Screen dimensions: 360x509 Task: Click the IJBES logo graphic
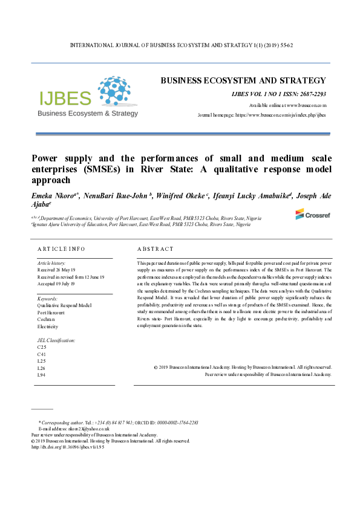coord(88,97)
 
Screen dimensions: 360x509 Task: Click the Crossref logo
coord(312,214)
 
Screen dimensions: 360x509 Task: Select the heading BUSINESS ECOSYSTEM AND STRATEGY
coord(243,80)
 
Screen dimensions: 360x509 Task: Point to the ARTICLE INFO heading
coord(61,249)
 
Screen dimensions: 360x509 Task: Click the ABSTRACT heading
coord(155,249)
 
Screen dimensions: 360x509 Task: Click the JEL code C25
coord(42,348)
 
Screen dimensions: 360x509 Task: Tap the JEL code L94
coord(42,375)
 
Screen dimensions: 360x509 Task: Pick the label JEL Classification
coord(56,340)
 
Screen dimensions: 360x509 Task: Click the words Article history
coord(51,264)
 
